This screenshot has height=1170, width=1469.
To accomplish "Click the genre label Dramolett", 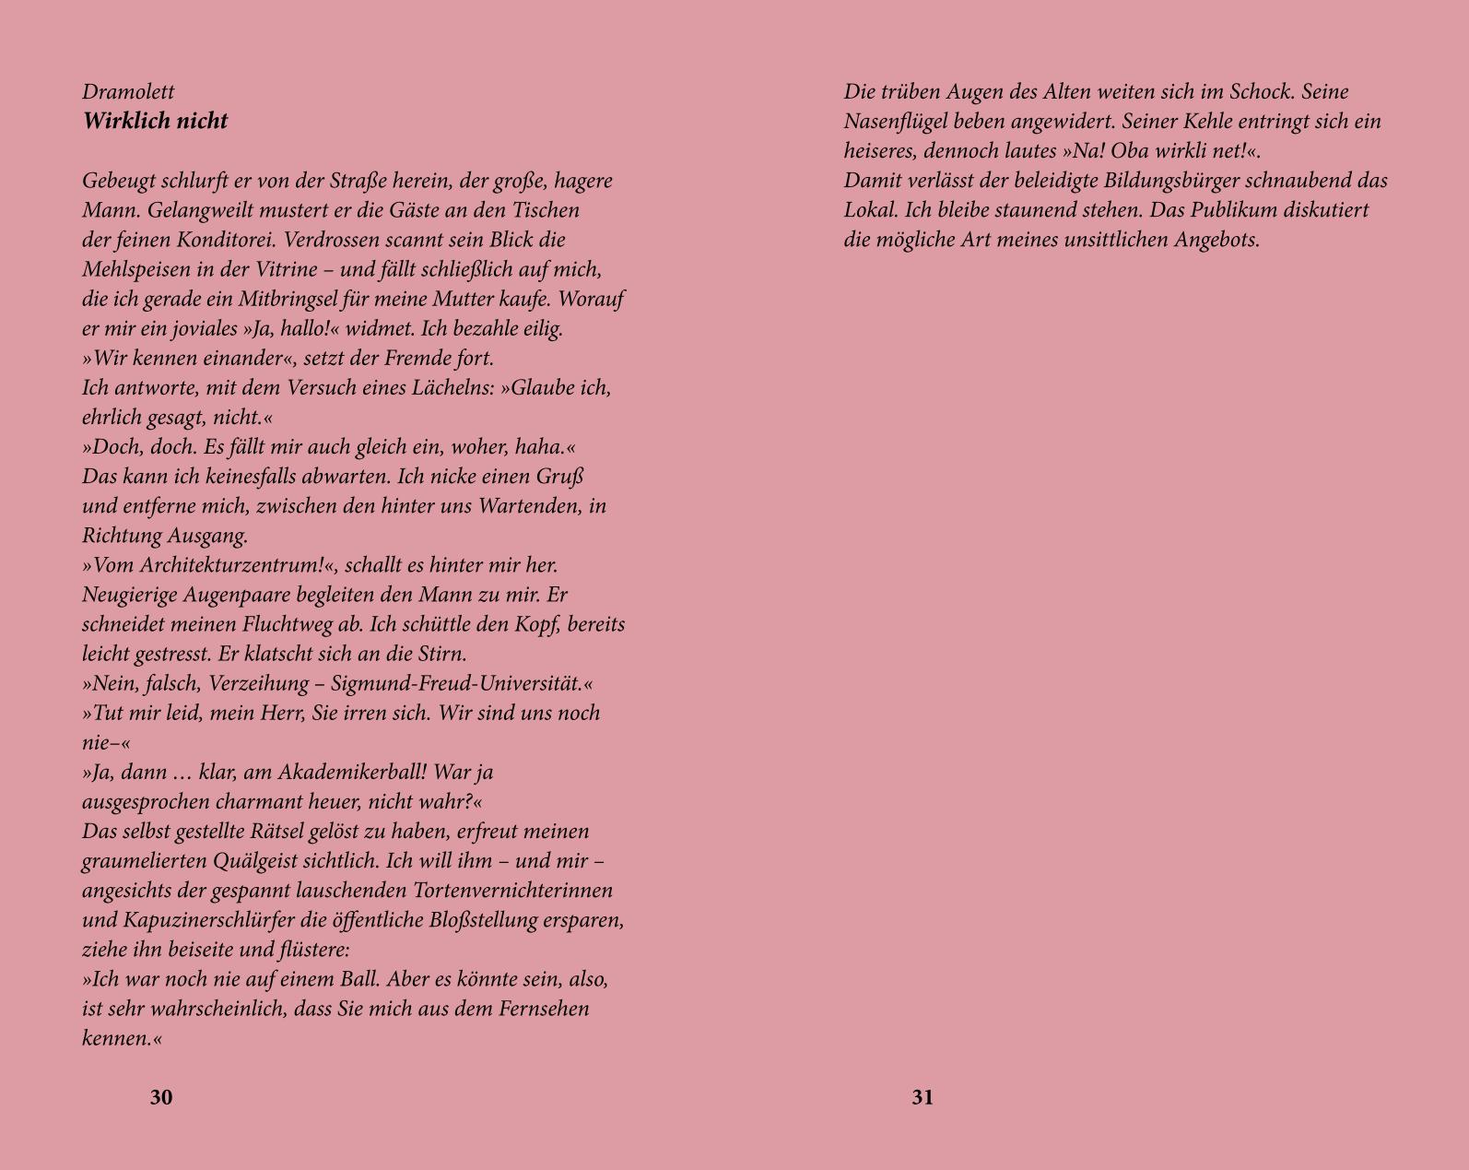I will [x=128, y=92].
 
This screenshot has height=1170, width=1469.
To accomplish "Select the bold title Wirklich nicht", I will [x=155, y=122].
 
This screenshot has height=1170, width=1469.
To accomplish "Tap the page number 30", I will [x=161, y=1097].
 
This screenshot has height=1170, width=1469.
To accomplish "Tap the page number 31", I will [x=923, y=1097].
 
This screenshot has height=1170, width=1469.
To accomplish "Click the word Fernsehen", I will [x=544, y=1009].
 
